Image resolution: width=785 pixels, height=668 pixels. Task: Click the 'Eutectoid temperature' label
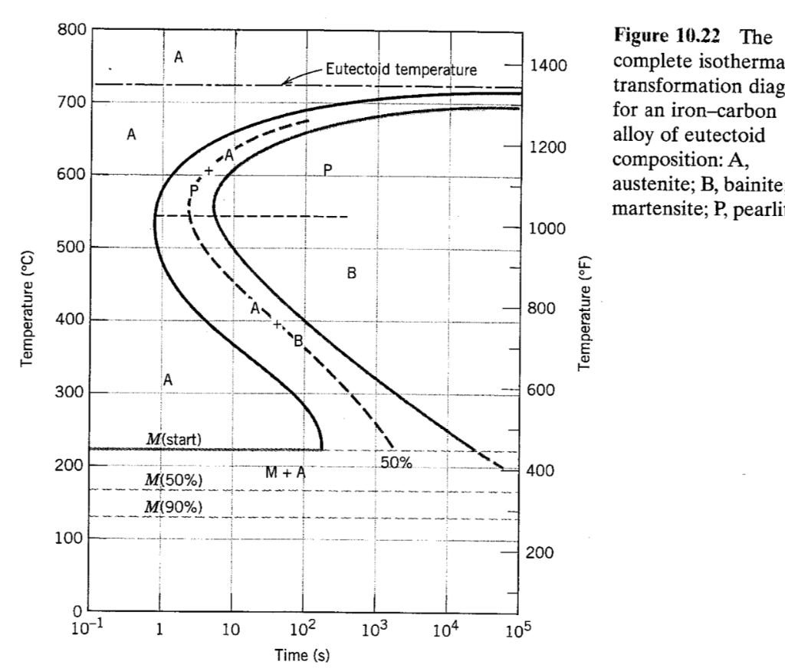tap(402, 70)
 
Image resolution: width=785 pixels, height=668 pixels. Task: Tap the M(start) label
tap(174, 439)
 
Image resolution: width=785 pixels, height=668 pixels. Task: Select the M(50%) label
tap(174, 479)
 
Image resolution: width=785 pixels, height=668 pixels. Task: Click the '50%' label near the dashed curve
tap(396, 463)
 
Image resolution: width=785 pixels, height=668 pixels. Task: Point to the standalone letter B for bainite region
tap(352, 273)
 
